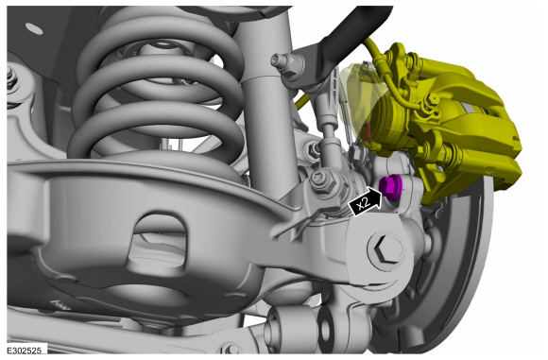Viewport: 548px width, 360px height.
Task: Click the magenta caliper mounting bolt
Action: (x=390, y=187)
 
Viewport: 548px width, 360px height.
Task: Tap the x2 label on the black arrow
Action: (x=364, y=203)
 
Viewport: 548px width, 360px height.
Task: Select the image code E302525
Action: (x=24, y=351)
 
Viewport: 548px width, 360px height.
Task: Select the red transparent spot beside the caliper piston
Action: (x=366, y=131)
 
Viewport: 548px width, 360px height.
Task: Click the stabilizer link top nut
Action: (x=283, y=61)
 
